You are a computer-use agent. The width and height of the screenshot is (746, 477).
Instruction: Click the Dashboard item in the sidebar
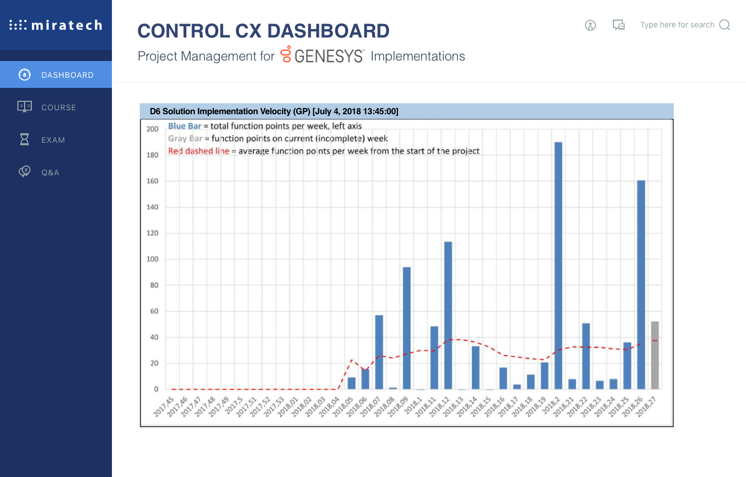tap(56, 75)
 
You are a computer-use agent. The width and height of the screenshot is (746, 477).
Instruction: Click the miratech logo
tap(56, 25)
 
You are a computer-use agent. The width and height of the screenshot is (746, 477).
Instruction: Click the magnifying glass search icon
tap(725, 25)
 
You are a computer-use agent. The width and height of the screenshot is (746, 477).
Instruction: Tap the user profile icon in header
tap(590, 25)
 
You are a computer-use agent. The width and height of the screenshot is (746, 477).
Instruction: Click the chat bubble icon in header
tap(618, 25)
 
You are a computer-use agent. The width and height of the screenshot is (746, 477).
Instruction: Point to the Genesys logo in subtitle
tap(322, 55)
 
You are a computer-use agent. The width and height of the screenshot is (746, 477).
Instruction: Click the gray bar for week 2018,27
tap(655, 355)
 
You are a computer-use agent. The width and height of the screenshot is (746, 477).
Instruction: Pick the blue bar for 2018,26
tap(641, 284)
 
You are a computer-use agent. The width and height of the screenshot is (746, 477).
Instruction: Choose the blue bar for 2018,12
tap(448, 315)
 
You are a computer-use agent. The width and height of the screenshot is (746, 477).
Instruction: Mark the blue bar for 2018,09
tap(407, 328)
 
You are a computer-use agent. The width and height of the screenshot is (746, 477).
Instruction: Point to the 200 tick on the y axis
tap(152, 129)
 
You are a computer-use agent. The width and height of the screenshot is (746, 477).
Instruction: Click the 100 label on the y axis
tap(152, 259)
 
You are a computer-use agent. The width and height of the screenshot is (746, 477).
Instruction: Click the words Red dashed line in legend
tap(199, 151)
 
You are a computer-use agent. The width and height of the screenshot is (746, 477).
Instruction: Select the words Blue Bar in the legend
tap(185, 126)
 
